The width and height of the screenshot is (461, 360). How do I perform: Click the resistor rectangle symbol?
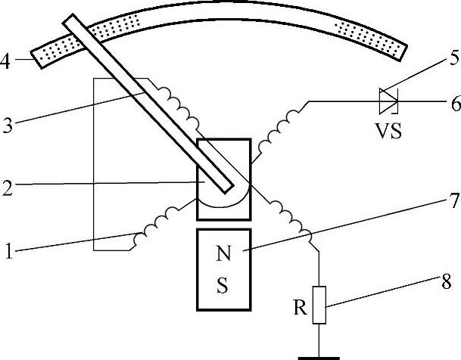[320, 305]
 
